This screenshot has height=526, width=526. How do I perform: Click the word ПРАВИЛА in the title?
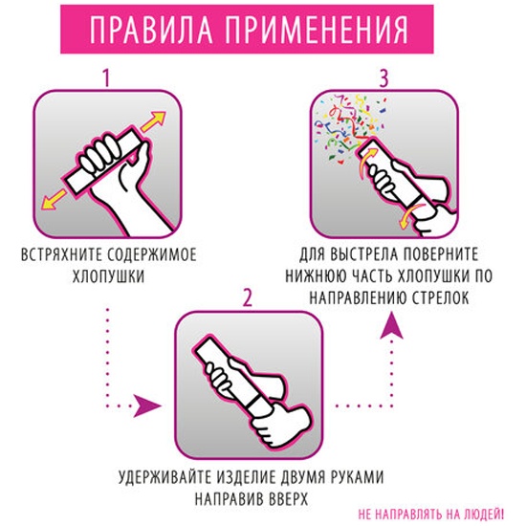pos(150,30)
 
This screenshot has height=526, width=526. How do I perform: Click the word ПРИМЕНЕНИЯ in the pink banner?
pos(317,30)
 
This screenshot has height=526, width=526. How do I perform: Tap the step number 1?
pos(107,78)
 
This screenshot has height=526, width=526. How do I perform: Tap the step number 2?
pos(248,297)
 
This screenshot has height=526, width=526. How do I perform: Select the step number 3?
pos(384,78)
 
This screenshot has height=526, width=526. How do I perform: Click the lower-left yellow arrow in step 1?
pos(54,199)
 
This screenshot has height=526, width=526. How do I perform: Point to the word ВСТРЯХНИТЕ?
pos(62,255)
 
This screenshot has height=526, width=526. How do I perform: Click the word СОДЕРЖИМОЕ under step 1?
pos(152,255)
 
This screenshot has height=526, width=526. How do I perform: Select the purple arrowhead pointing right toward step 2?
pos(146,405)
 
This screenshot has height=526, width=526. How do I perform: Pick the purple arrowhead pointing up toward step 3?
pos(391,326)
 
